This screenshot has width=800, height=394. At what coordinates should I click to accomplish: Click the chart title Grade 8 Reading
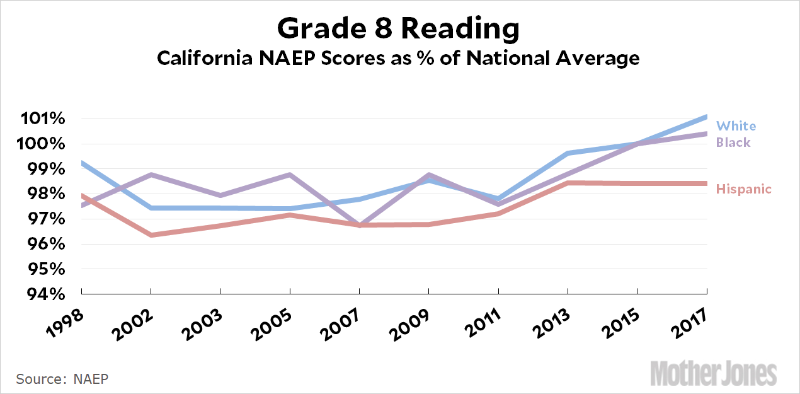[x=399, y=28]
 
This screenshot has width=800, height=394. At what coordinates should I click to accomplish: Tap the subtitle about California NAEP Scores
[x=399, y=59]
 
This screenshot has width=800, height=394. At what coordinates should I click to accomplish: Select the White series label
[x=736, y=126]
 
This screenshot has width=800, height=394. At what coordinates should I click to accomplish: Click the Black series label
[x=734, y=142]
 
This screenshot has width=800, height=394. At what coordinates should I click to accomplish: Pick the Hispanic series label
[x=744, y=189]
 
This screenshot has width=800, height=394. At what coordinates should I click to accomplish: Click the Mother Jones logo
[x=713, y=373]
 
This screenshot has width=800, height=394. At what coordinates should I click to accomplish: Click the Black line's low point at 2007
[x=359, y=225]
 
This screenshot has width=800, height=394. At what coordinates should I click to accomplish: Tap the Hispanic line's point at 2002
[x=151, y=235]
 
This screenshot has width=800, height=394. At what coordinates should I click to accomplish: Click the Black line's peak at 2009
[x=429, y=175]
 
